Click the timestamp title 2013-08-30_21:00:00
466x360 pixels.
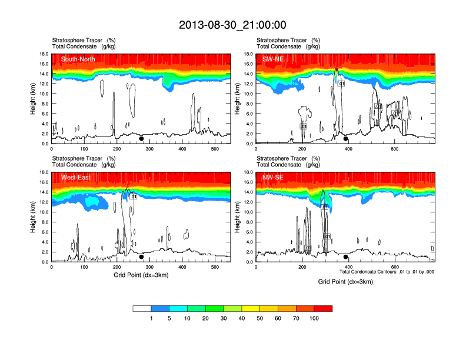point(232,25)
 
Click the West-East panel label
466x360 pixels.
point(76,177)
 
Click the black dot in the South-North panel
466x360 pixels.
point(141,139)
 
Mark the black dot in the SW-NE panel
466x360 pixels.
point(345,139)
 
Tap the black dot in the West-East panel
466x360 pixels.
point(141,256)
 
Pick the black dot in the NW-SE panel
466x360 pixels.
point(345,256)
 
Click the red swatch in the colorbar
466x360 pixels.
point(323,308)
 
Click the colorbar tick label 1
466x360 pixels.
point(151,318)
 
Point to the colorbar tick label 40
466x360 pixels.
point(242,318)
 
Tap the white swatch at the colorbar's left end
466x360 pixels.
point(142,308)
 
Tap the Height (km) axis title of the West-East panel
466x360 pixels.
point(33,217)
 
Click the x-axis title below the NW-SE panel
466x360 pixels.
point(345,281)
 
